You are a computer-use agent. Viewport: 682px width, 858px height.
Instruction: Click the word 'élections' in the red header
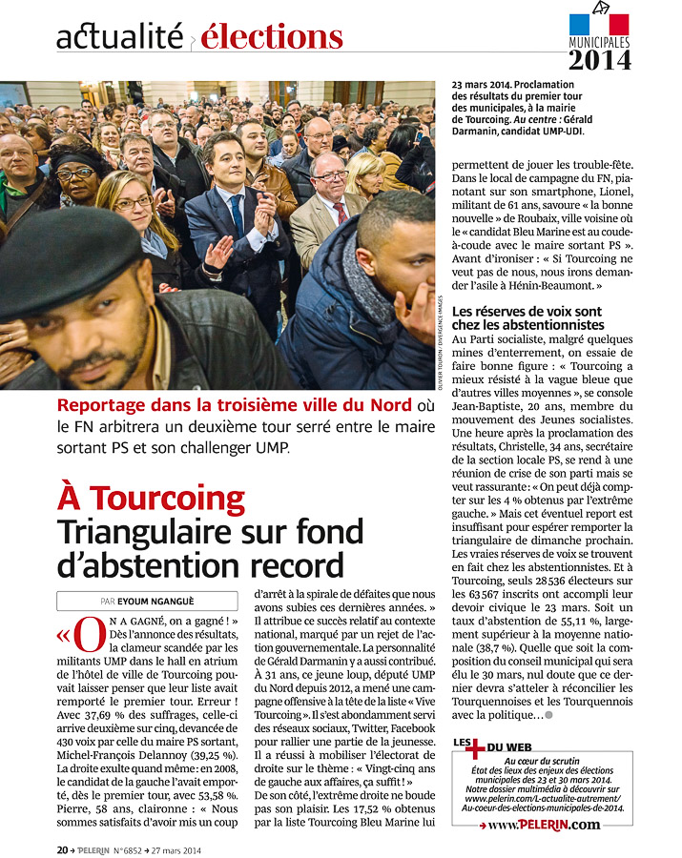click(x=272, y=37)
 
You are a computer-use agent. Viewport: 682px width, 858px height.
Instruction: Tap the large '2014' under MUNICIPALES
click(x=600, y=60)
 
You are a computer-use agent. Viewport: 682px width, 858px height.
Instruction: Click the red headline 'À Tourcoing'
click(x=152, y=499)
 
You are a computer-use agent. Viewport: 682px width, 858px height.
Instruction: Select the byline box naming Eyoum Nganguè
click(x=147, y=602)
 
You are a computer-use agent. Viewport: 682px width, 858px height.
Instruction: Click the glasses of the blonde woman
click(x=132, y=203)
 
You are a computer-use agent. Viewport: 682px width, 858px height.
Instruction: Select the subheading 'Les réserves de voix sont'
click(x=527, y=311)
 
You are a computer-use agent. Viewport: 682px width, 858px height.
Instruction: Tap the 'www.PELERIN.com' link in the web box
click(x=544, y=824)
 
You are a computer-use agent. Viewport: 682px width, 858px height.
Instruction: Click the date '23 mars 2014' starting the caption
click(x=486, y=85)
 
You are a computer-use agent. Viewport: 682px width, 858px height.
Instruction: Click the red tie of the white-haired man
click(x=340, y=211)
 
